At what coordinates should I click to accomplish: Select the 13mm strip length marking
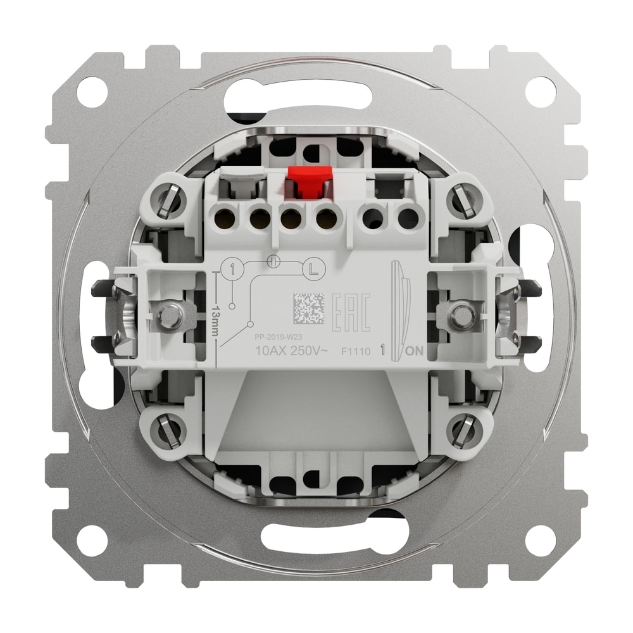216,314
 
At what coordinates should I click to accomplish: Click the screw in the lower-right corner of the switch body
463,430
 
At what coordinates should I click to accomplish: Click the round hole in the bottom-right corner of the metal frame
541,541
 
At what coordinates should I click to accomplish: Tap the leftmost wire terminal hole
223,219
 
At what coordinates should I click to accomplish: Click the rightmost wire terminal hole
408,219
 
